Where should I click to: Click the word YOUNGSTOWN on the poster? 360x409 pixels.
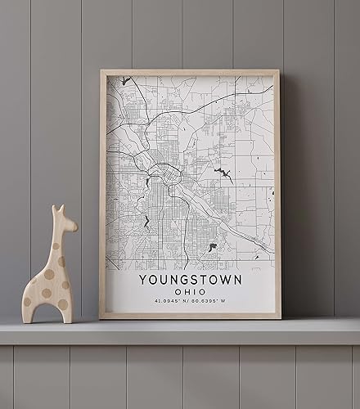pos(190,280)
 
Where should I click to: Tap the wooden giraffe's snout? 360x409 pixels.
pos(74,224)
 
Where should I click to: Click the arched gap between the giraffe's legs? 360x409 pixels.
pos(46,308)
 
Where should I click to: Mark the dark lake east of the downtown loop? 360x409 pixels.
pos(221,173)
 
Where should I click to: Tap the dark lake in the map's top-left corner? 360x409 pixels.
pos(125,81)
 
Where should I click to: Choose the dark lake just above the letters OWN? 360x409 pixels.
pos(212,246)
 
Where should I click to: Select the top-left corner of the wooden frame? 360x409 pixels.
pos(101,71)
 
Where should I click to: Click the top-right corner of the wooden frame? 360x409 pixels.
pos(280,71)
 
